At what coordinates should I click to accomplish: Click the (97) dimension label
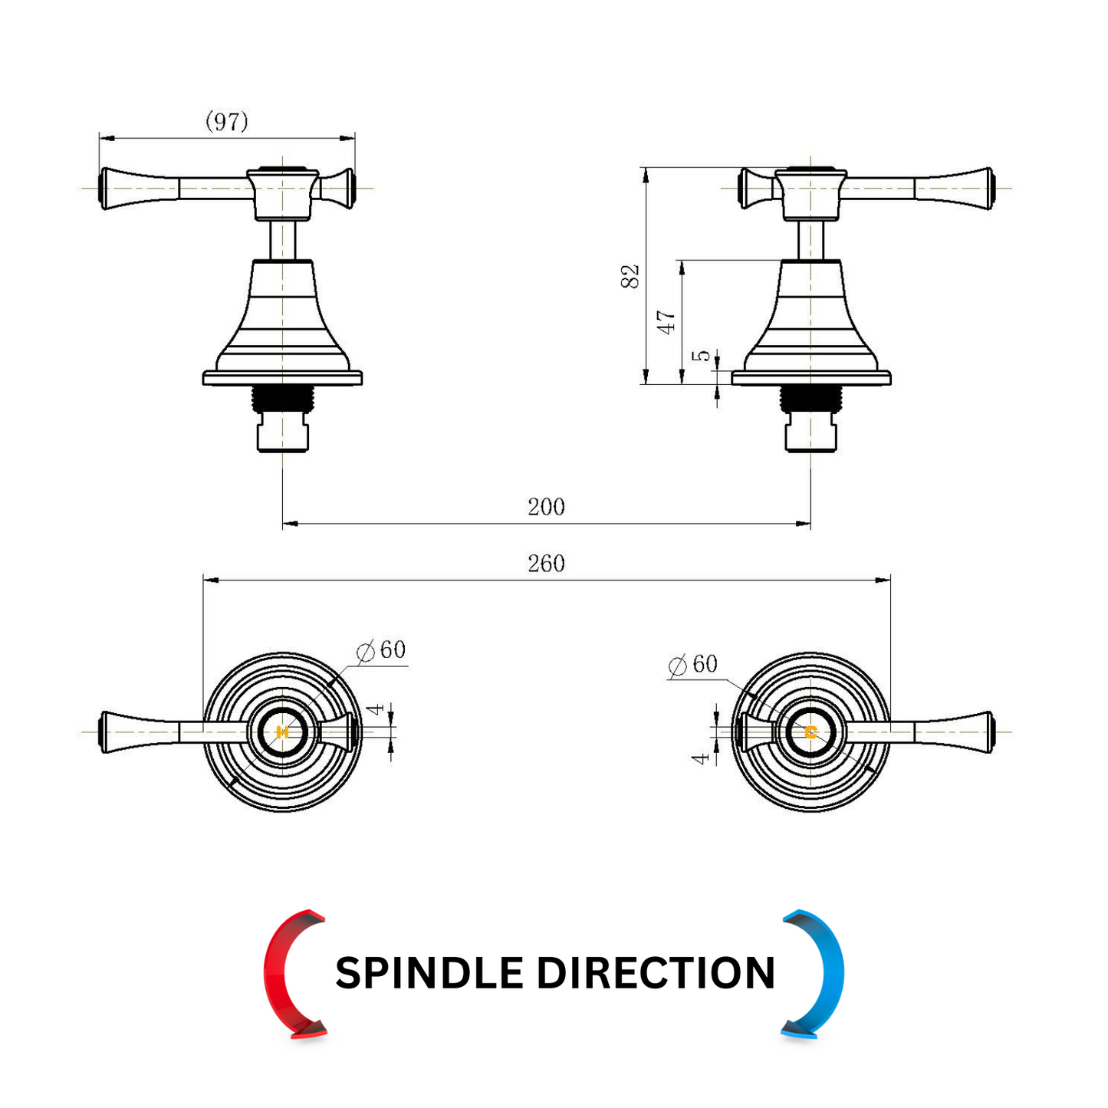click(x=226, y=121)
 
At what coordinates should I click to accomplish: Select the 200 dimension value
click(x=546, y=507)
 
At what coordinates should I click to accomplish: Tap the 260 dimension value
click(x=546, y=563)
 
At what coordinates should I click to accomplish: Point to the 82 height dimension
click(x=630, y=276)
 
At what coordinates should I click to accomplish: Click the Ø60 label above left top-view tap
click(x=381, y=649)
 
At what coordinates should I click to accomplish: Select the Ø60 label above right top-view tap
click(x=693, y=664)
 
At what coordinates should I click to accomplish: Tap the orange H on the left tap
click(x=281, y=732)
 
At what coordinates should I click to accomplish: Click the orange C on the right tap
click(x=810, y=732)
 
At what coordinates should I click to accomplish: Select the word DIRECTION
click(x=656, y=973)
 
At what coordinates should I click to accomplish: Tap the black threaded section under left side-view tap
click(x=281, y=399)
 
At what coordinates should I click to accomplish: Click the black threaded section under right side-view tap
click(x=810, y=399)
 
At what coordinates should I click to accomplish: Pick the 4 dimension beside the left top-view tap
click(x=376, y=709)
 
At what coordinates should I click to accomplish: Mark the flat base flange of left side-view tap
click(x=281, y=378)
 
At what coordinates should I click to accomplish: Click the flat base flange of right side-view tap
click(x=810, y=378)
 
